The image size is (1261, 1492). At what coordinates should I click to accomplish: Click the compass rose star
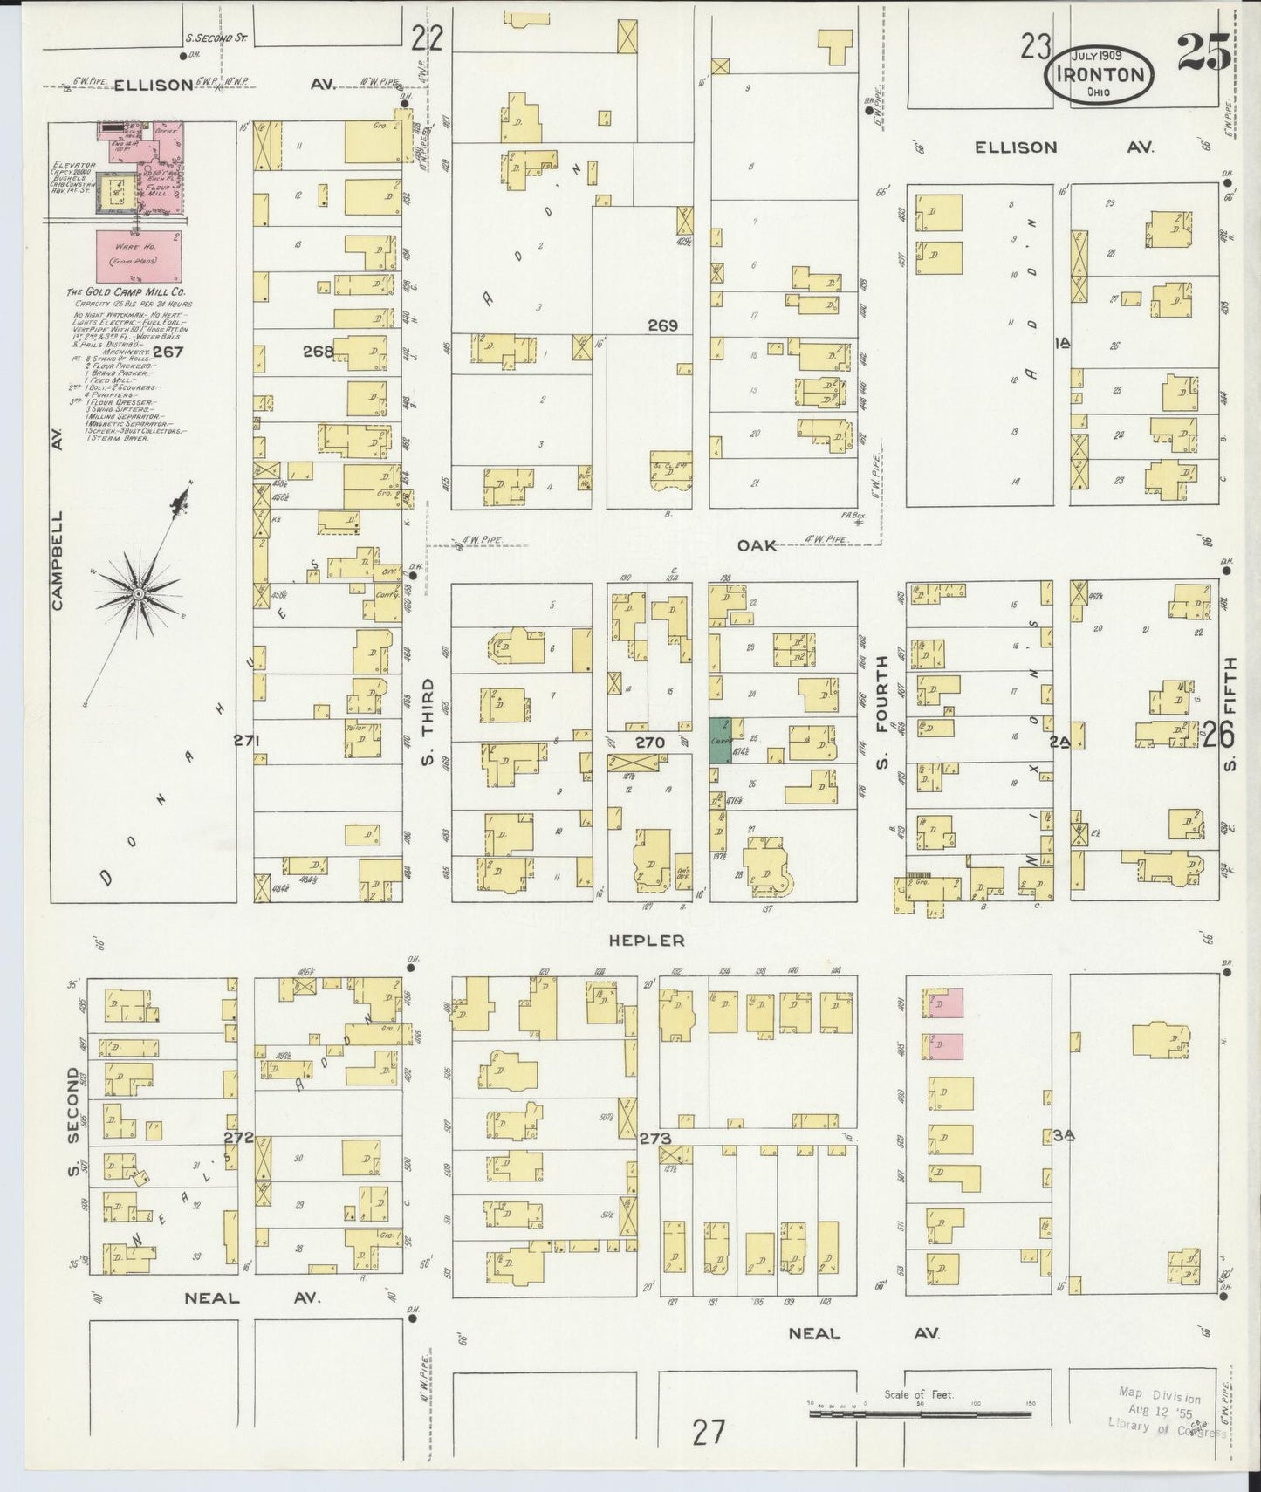(x=138, y=593)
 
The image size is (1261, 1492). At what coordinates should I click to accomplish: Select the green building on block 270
(x=719, y=741)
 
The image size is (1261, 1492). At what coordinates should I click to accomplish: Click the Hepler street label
(x=647, y=941)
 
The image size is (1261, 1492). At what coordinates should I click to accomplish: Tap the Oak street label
(x=757, y=545)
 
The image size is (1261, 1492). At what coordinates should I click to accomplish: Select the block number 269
(x=662, y=325)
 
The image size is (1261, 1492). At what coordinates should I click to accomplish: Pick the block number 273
(x=654, y=1139)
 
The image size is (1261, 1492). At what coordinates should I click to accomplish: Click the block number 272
(x=237, y=1138)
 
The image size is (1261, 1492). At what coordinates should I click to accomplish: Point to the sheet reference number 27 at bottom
(x=708, y=1432)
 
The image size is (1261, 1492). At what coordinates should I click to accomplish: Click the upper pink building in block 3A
(x=949, y=1003)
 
